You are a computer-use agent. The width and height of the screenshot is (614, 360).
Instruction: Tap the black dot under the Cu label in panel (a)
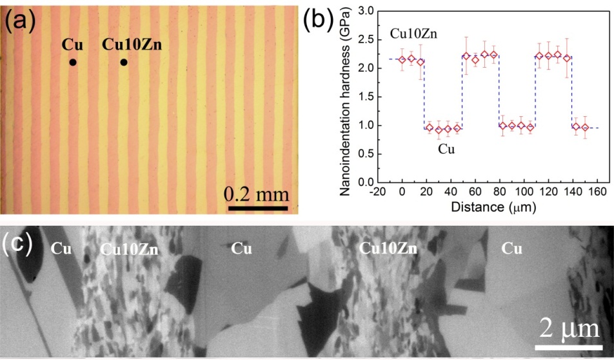[73, 63]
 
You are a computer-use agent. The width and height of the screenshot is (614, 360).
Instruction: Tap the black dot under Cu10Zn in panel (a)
[123, 63]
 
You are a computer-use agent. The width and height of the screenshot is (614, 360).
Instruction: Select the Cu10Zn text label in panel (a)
[132, 45]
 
